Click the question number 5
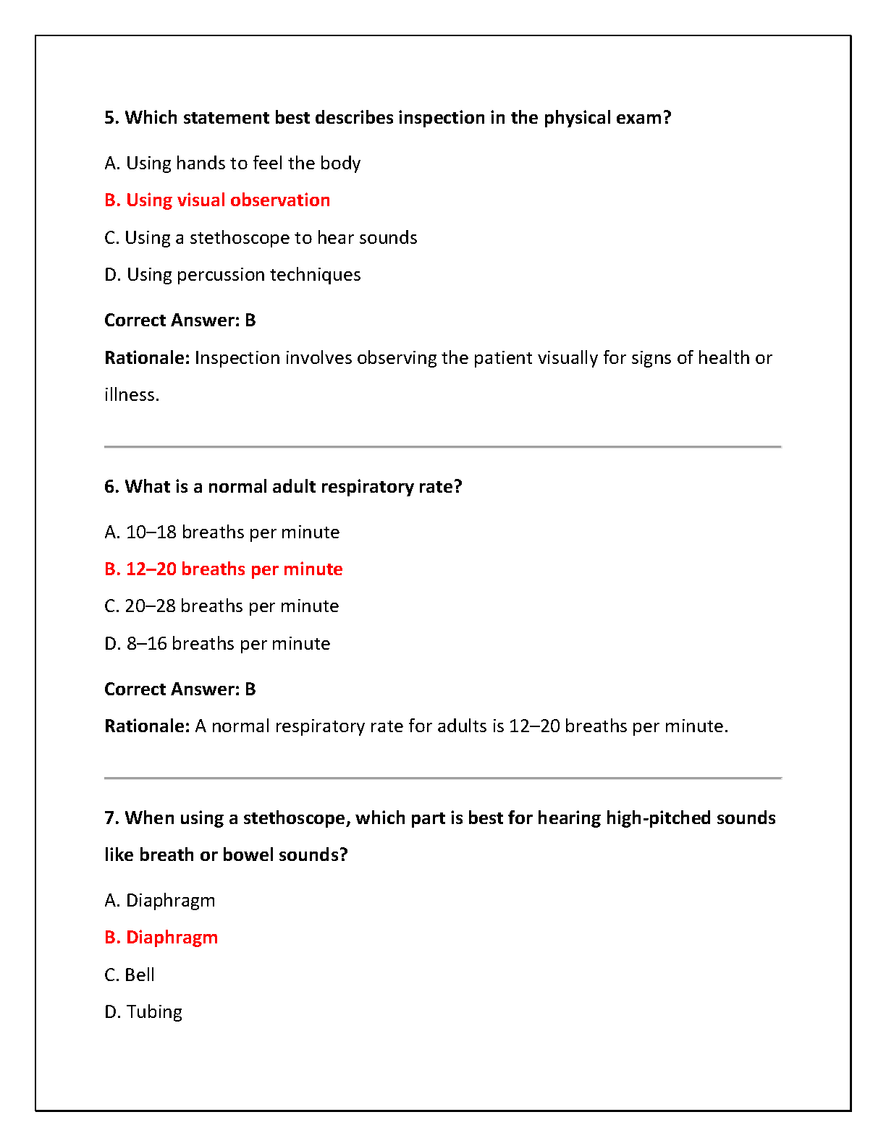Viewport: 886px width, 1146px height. [x=111, y=118]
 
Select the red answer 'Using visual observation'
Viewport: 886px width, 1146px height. [x=217, y=200]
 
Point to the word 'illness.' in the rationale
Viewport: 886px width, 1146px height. [x=132, y=395]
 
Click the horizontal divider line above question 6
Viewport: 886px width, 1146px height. [x=442, y=447]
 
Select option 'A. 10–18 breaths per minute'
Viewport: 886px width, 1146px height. [x=221, y=532]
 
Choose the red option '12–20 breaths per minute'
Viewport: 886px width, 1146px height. [x=223, y=569]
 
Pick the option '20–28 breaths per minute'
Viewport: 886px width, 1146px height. [x=221, y=606]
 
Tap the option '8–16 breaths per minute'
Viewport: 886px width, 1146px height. [x=217, y=644]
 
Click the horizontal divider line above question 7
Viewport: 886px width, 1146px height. [x=442, y=778]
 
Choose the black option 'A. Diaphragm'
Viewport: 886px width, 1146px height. [x=160, y=901]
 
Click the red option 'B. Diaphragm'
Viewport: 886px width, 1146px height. [x=161, y=938]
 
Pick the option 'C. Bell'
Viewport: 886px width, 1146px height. [x=130, y=975]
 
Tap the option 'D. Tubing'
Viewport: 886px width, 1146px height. [x=143, y=1012]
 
